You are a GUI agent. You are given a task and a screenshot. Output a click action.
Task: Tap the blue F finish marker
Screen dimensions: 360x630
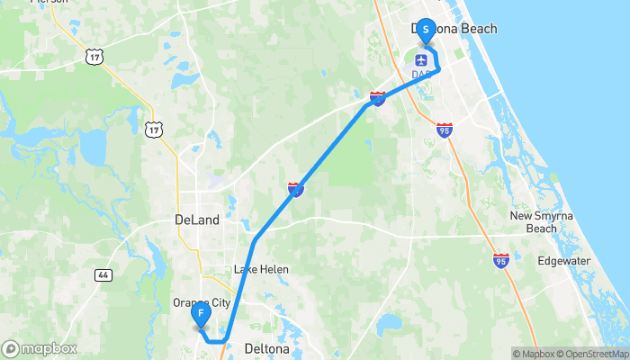point(202,315)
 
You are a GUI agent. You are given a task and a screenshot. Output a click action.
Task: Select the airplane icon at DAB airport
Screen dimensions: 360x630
point(420,59)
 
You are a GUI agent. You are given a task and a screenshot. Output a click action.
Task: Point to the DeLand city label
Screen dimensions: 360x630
point(196,220)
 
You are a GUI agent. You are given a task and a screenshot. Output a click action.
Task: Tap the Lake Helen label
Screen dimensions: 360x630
point(258,269)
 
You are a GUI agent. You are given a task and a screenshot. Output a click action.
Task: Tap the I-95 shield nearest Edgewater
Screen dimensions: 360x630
point(500,260)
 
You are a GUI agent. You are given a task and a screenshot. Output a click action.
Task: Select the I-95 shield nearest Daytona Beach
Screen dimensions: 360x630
point(444,130)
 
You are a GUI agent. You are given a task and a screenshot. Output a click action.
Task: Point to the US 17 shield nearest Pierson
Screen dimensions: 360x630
point(94,57)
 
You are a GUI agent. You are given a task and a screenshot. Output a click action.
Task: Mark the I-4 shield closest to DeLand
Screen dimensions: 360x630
point(295,189)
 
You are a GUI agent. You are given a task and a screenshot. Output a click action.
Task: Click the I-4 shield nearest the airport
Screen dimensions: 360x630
point(378,97)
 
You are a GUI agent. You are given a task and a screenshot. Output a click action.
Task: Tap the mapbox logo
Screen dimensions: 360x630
point(40,348)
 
